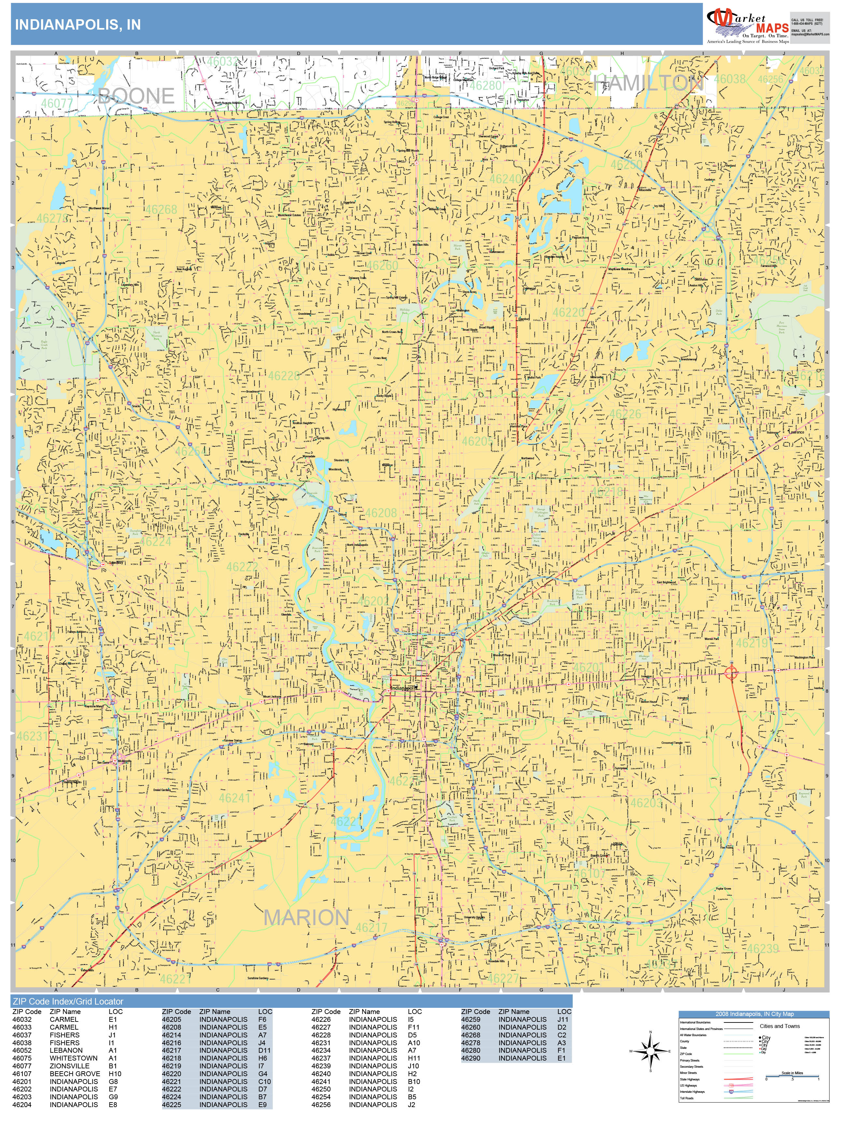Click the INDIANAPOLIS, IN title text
pos(78,25)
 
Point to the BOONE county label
pos(136,96)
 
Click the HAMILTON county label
pos(649,83)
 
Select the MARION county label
pos(306,918)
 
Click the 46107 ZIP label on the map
pos(590,873)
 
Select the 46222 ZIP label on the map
pos(242,567)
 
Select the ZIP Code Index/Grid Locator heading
pos(68,1001)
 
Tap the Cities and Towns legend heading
pos(780,1026)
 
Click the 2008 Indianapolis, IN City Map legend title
pos(754,1014)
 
